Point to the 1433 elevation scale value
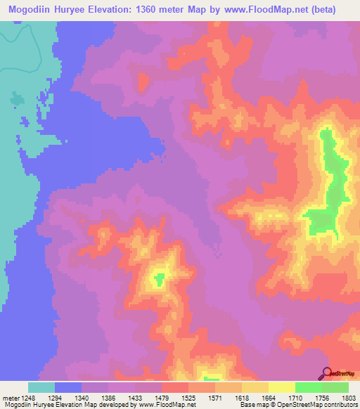pos(122,397)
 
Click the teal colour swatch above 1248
pos(41,387)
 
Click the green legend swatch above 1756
pos(309,387)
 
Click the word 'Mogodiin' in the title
pos(30,10)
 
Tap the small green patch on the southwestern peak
pos(160,279)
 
